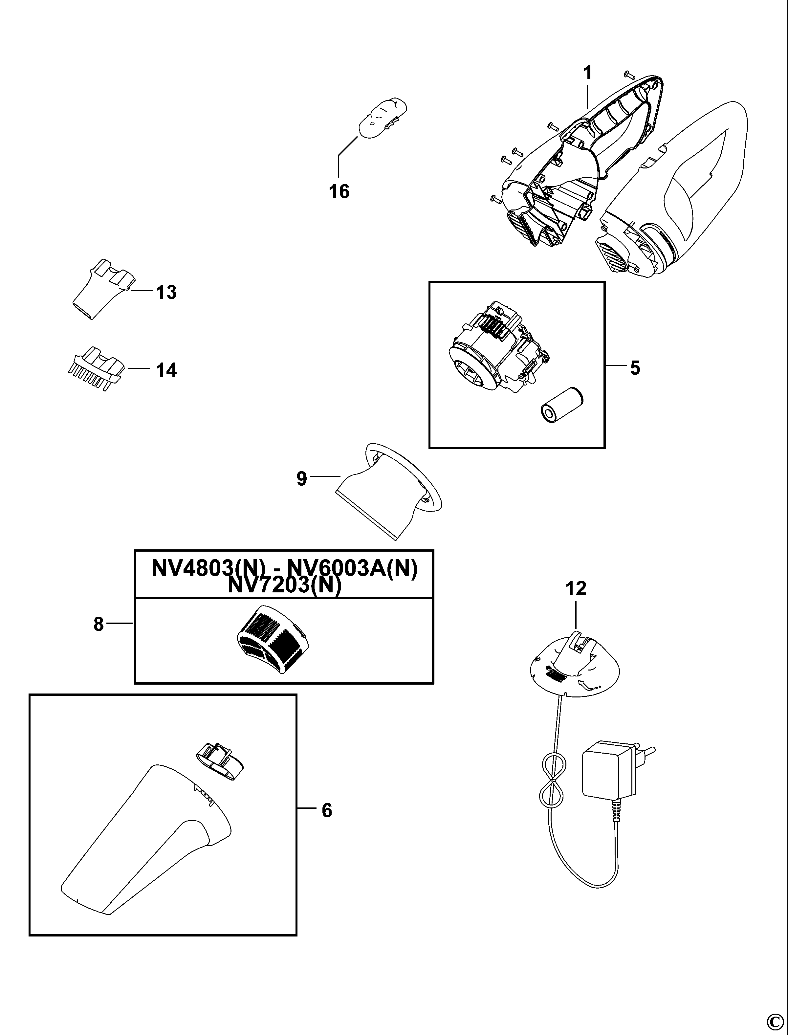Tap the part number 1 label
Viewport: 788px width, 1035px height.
coord(587,73)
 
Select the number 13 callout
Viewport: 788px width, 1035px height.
coord(166,292)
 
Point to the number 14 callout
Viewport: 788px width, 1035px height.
coord(166,370)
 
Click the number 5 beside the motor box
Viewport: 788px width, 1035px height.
coord(635,368)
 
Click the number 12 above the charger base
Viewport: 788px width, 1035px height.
coord(576,588)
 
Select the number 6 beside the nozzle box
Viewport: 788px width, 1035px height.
coord(327,810)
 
